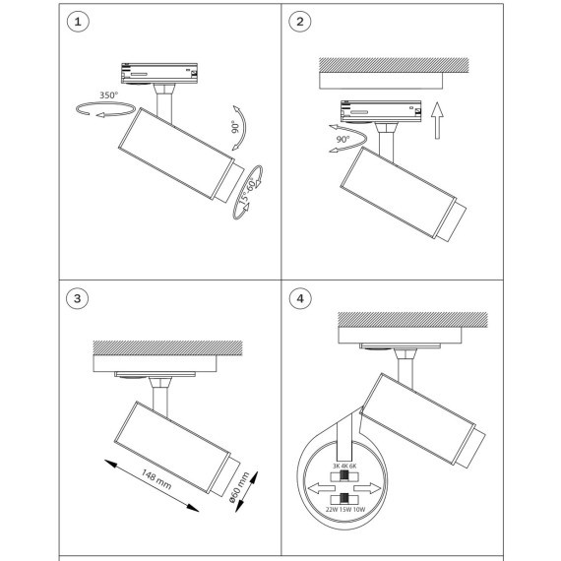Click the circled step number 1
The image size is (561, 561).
tap(78, 22)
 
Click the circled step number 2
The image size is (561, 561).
tap(300, 22)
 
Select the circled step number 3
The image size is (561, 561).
tap(78, 298)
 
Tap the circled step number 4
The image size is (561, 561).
tap(300, 298)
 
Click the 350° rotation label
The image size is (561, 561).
tap(108, 95)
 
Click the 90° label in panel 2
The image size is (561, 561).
tap(343, 139)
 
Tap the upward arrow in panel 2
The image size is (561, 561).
tap(437, 120)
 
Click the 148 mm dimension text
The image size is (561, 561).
tap(156, 479)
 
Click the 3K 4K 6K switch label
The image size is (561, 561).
tap(344, 466)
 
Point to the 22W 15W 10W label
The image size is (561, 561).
tap(345, 509)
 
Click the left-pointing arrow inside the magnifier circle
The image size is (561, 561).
tap(321, 488)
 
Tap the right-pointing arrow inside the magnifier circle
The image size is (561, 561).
tap(367, 488)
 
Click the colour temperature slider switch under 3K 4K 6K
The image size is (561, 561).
tap(344, 475)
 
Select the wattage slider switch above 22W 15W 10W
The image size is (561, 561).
tap(344, 498)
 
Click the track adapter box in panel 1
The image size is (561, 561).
tap(159, 74)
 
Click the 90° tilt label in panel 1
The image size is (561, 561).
tap(235, 127)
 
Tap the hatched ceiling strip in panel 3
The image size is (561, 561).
tap(167, 347)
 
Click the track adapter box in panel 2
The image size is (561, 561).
tap(381, 111)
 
